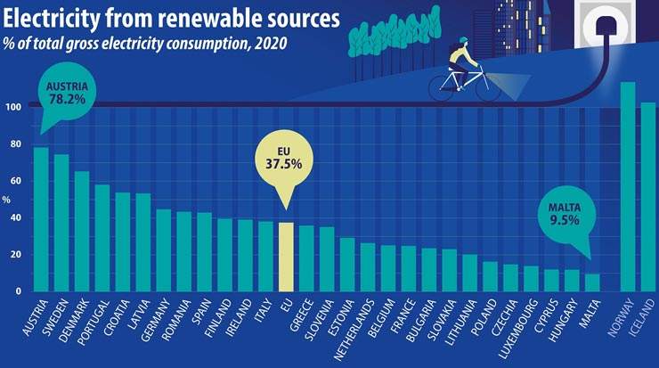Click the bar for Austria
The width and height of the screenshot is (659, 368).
41,219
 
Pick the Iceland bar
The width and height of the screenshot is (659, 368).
648,197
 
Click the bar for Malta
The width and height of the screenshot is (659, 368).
593,282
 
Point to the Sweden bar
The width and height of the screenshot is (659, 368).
61,223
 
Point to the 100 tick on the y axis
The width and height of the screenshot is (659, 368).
13,108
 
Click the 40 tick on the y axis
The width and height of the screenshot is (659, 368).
15,218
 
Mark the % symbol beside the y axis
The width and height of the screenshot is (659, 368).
7,200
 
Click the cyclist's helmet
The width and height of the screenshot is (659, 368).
463,41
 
